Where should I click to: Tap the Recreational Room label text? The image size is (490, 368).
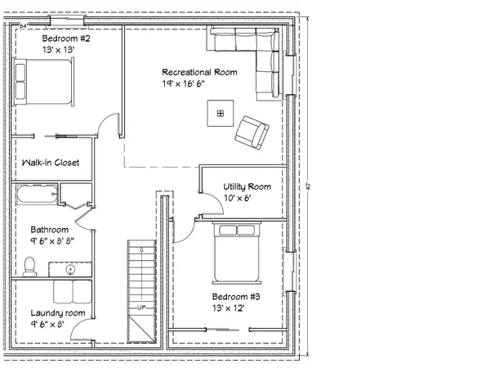[199, 72]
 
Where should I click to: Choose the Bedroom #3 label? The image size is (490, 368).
[235, 296]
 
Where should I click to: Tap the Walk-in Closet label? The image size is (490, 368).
[51, 163]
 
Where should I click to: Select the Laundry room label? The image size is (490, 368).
[58, 313]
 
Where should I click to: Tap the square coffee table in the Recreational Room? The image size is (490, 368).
[220, 112]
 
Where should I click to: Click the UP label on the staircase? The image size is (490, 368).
[140, 307]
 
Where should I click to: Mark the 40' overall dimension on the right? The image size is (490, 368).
[308, 185]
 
